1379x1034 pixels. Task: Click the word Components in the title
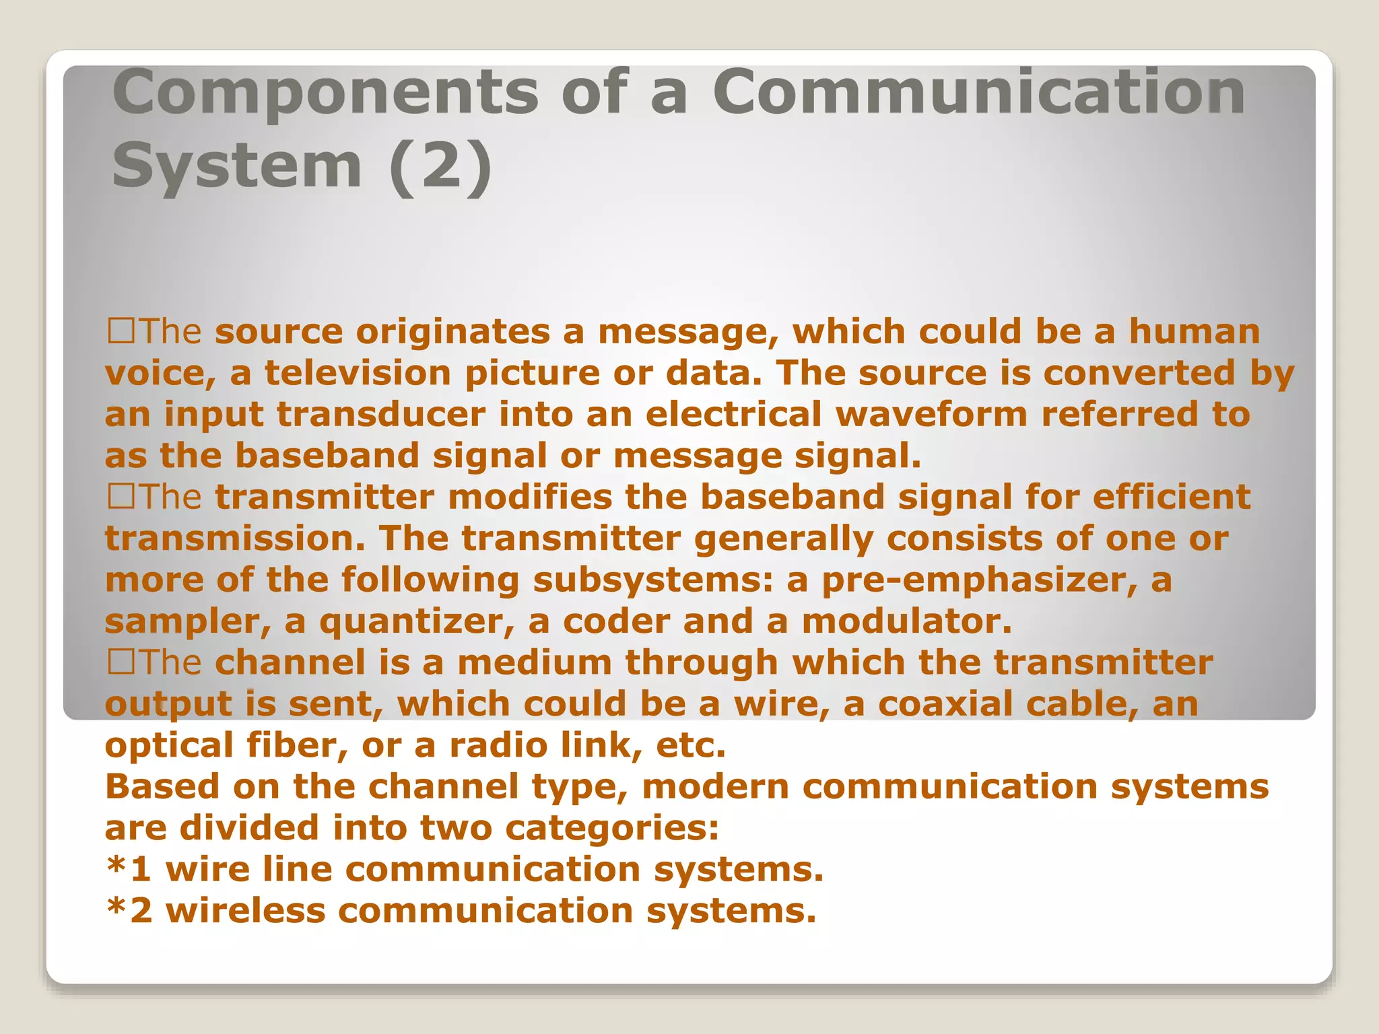pyautogui.click(x=325, y=94)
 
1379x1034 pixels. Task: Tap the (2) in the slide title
pyautogui.click(x=440, y=166)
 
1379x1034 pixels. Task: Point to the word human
pyautogui.click(x=1194, y=331)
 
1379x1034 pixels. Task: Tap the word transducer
pyautogui.click(x=381, y=415)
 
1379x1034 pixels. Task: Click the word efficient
pyautogui.click(x=1172, y=497)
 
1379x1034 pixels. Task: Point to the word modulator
pyautogui.click(x=906, y=621)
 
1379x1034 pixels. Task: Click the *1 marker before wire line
pyautogui.click(x=128, y=868)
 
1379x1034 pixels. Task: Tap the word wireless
pyautogui.click(x=245, y=911)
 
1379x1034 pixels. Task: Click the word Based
pyautogui.click(x=162, y=787)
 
